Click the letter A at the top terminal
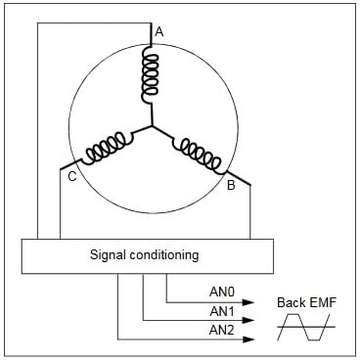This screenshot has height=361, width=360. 159,31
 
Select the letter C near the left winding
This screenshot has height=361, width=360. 71,176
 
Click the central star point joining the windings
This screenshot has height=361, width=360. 151,127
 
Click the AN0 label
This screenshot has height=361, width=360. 222,291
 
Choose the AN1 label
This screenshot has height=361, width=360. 222,312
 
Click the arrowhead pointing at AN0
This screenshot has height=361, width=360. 249,302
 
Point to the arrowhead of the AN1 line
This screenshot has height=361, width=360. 249,321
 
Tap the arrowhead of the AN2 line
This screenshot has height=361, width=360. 249,339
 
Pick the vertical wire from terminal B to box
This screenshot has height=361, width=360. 250,210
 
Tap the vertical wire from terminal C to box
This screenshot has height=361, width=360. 61,210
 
